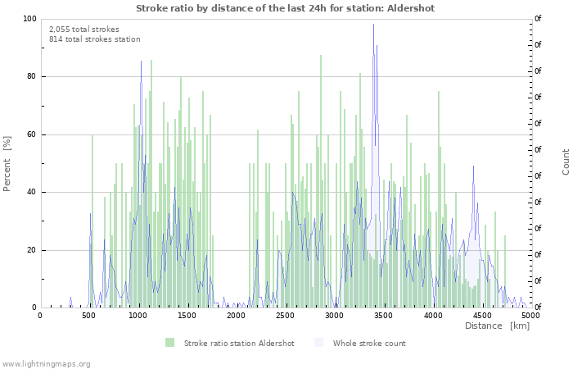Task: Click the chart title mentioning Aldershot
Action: [285, 8]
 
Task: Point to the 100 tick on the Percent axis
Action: [29, 19]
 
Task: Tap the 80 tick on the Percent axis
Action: [31, 77]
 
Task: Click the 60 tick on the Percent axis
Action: [31, 134]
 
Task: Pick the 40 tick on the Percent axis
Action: [31, 193]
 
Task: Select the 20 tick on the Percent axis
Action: [31, 250]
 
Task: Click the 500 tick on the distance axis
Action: [89, 315]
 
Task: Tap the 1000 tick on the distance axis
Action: [138, 315]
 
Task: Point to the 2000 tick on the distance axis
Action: [237, 315]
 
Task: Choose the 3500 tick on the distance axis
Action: [383, 315]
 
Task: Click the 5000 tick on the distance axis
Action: [530, 315]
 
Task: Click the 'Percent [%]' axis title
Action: [7, 163]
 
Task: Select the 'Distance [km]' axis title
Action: [497, 326]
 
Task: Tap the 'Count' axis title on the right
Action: [566, 162]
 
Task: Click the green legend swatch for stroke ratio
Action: [170, 343]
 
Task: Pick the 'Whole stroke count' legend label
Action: [369, 344]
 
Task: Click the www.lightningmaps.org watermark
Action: [46, 363]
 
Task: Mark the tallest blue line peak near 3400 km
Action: [373, 25]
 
